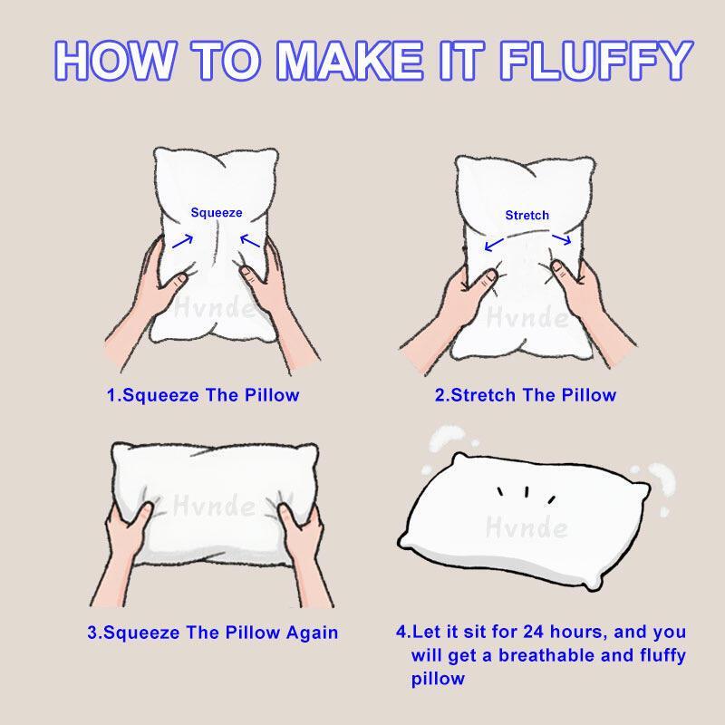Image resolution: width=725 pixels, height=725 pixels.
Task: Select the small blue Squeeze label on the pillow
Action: click(x=217, y=212)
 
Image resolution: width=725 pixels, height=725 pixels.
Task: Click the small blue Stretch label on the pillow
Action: click(x=527, y=215)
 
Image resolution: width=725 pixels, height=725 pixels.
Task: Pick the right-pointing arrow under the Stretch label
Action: click(x=561, y=239)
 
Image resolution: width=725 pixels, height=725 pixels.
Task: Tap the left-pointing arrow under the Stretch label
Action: click(x=493, y=244)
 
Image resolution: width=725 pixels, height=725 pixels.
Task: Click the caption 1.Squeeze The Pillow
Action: click(x=203, y=395)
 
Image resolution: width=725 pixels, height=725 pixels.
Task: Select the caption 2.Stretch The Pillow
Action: click(x=526, y=395)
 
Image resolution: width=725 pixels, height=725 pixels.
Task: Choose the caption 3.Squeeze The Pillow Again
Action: click(x=213, y=633)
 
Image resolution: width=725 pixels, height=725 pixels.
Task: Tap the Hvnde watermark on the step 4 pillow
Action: click(x=527, y=527)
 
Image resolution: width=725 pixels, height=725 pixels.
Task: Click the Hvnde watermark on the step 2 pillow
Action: click(x=527, y=317)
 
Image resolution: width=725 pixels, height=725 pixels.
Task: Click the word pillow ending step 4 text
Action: click(x=438, y=678)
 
